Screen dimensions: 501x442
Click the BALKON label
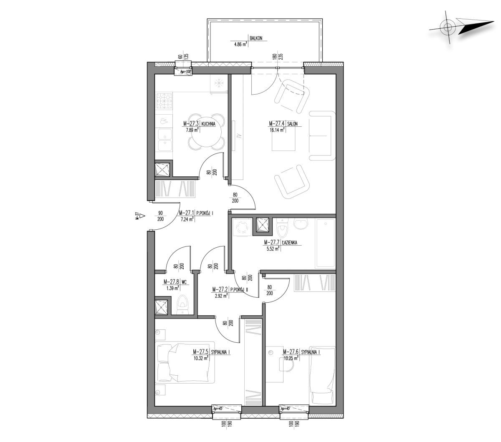[x=256, y=38]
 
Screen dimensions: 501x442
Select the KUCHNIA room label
[x=208, y=124]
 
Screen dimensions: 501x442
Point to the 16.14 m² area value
[x=277, y=130]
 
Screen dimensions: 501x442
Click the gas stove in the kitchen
[x=164, y=101]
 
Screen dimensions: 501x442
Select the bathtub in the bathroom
[x=325, y=244]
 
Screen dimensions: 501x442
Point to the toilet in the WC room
[x=182, y=304]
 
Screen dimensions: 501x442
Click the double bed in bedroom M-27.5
[x=185, y=362]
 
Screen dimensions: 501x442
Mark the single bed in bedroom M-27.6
[x=323, y=376]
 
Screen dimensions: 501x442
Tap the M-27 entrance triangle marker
[x=142, y=216]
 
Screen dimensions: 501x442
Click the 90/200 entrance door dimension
[x=160, y=216]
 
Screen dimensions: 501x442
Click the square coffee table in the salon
[x=283, y=140]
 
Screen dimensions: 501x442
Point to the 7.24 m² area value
[x=186, y=219]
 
